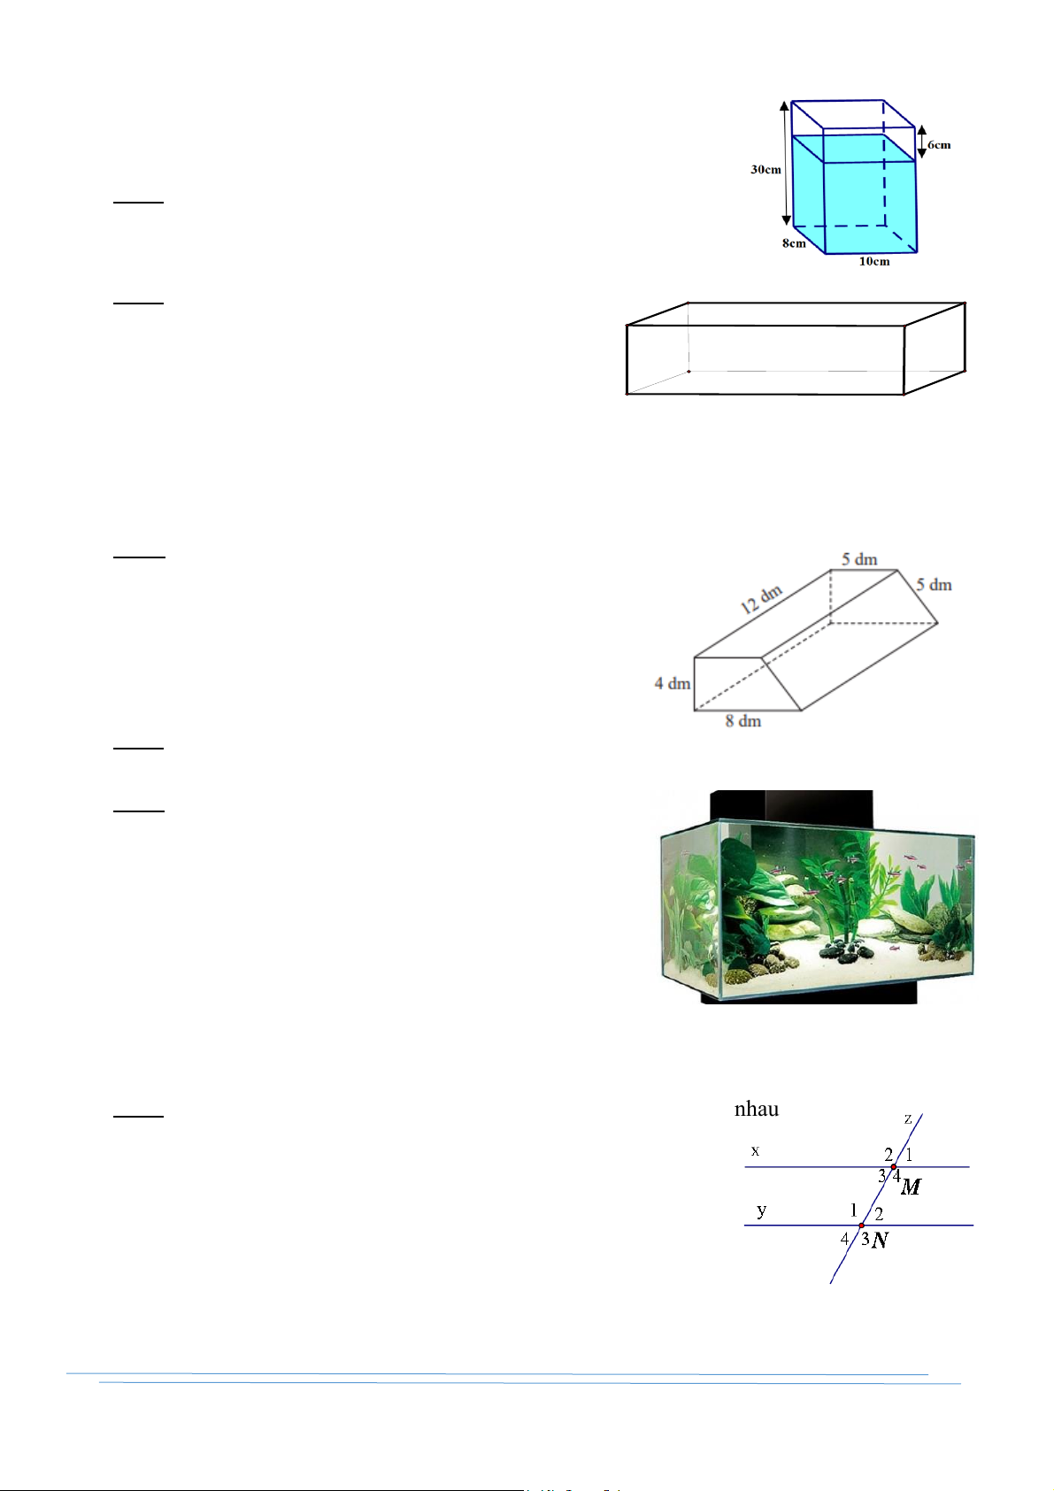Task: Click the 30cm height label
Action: pos(765,170)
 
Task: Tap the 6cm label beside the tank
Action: pos(939,145)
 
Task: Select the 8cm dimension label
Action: pos(794,243)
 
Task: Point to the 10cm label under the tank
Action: pos(873,262)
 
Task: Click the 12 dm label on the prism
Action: pos(761,599)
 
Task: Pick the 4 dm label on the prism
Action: pos(672,684)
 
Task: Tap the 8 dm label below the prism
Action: pos(743,721)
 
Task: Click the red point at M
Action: pos(894,1167)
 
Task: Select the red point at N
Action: pos(861,1226)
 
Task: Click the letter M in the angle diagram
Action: pos(910,1187)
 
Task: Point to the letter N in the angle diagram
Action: pos(880,1240)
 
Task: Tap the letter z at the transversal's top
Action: pos(907,1119)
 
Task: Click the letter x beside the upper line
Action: pos(755,1151)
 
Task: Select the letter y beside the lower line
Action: pos(762,1210)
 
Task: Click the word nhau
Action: pos(757,1109)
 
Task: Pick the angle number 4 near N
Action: pos(844,1239)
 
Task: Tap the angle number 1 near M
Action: pos(909,1155)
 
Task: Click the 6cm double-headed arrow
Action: pos(922,142)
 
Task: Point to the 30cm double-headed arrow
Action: pos(786,163)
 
